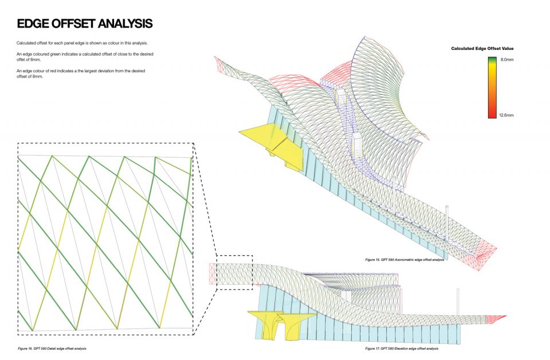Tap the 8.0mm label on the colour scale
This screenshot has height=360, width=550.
[507, 60]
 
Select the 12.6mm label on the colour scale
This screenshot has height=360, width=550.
[506, 115]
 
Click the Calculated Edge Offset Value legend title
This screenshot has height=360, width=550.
[482, 48]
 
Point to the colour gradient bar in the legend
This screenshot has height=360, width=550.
[492, 87]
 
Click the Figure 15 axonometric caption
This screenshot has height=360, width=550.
[404, 260]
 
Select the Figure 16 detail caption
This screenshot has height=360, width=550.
[52, 349]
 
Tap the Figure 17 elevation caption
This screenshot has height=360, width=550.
[402, 349]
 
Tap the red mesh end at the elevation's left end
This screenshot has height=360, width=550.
[213, 273]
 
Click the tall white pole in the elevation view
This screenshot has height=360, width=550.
[458, 302]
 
